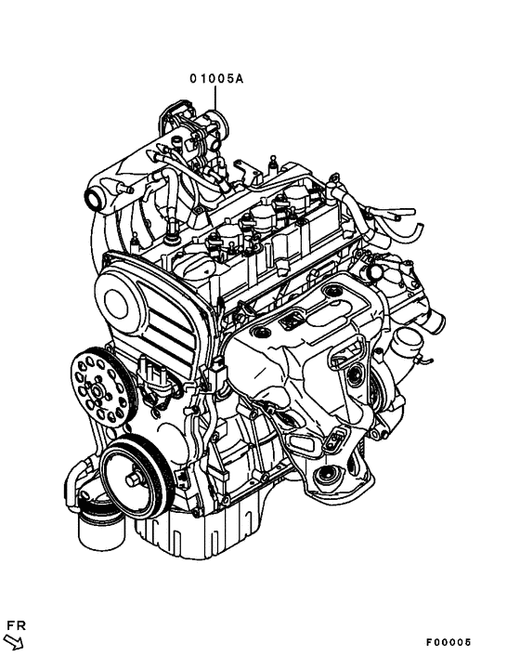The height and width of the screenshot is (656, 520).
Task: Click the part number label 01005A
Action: (216, 80)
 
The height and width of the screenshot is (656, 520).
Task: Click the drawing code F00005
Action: (449, 642)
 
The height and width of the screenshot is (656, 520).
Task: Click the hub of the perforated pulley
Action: (96, 391)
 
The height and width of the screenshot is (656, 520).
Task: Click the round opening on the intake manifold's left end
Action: (92, 198)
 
